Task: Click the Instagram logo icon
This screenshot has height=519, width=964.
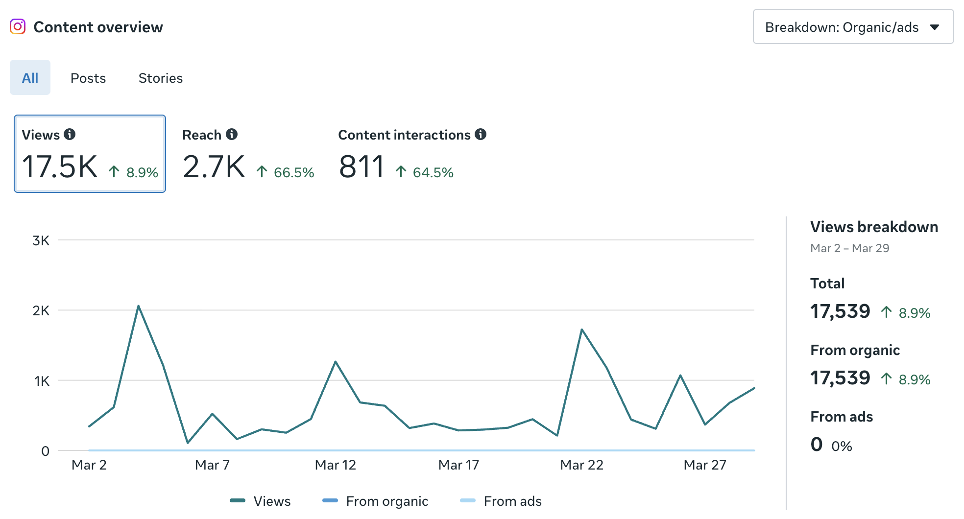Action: [18, 26]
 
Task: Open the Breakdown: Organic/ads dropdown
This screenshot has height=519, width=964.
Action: [852, 27]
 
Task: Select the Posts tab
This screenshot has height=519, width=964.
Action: [88, 78]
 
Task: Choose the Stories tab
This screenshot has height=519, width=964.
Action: [160, 78]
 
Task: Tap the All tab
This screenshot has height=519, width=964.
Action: [30, 78]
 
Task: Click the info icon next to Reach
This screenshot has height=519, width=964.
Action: [232, 134]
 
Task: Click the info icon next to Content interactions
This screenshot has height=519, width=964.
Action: [481, 134]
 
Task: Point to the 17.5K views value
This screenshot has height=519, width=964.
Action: [60, 167]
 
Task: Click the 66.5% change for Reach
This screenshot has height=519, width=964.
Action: [293, 172]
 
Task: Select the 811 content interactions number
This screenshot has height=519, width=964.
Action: [361, 167]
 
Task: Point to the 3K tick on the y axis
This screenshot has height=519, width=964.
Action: [41, 240]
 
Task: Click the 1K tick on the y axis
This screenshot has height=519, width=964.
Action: [42, 381]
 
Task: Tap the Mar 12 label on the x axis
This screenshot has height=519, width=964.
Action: [335, 465]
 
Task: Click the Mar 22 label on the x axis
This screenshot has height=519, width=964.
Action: [581, 465]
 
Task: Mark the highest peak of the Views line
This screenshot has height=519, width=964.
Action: [139, 306]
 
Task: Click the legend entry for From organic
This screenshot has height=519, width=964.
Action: [376, 501]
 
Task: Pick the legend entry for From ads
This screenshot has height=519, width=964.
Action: [501, 501]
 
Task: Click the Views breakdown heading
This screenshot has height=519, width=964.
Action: [874, 227]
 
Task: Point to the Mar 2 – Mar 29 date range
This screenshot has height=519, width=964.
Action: [849, 248]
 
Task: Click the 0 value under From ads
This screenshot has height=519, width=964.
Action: [816, 445]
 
